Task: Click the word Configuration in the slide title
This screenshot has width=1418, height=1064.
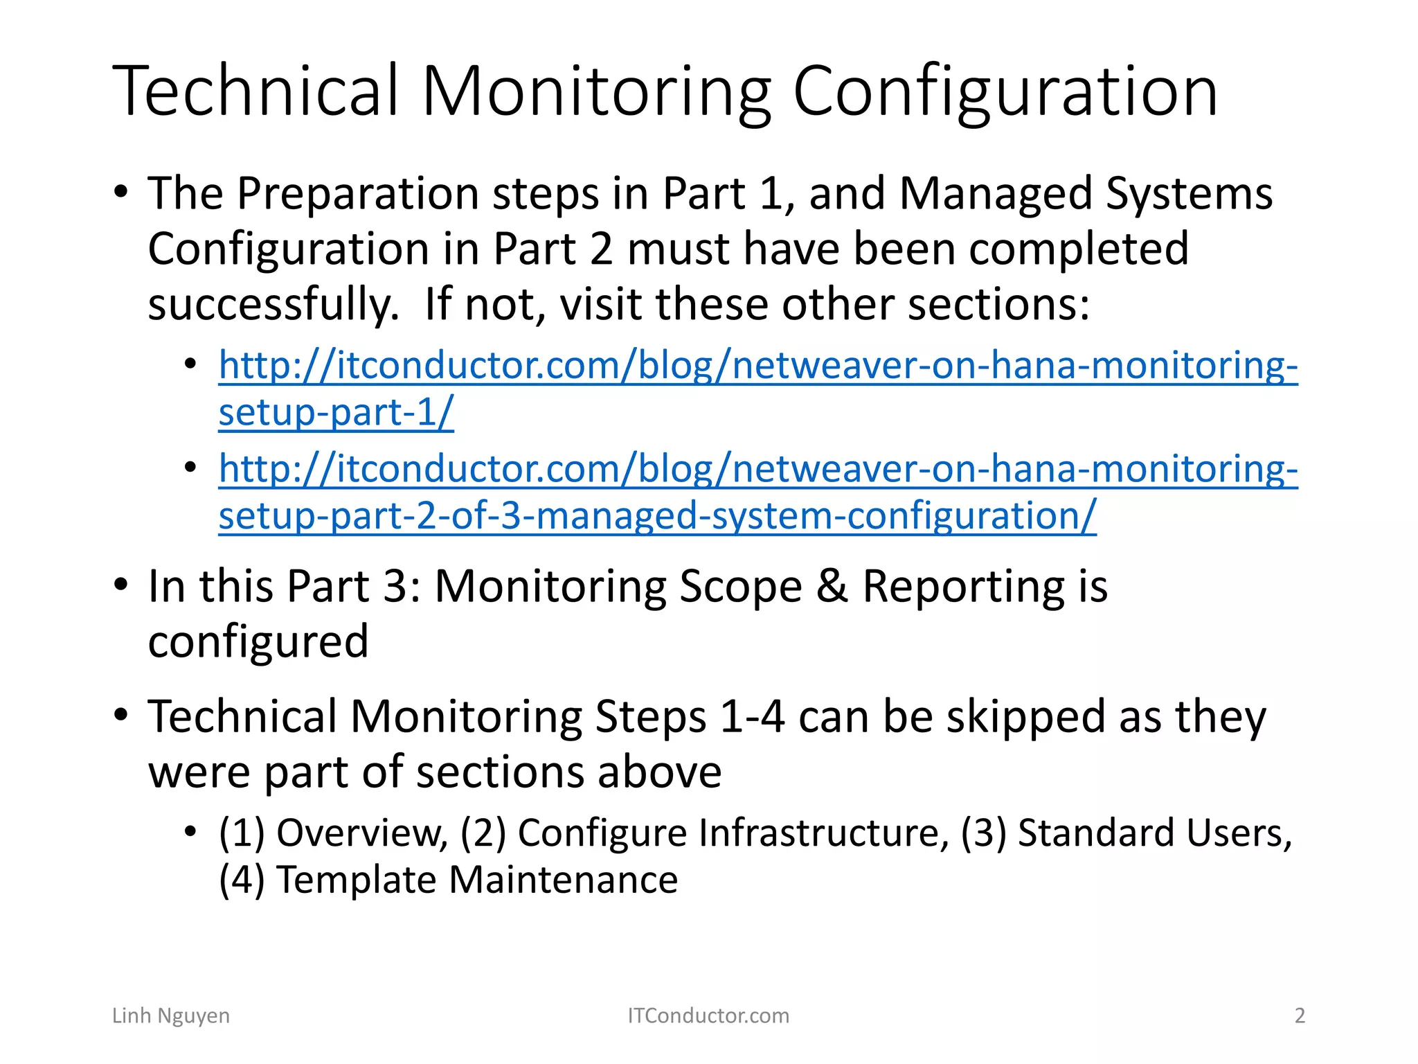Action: click(1005, 91)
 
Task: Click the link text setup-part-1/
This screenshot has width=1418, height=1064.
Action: click(336, 413)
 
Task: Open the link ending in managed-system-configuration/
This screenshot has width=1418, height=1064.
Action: click(657, 516)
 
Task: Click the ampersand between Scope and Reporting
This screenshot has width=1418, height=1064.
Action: click(832, 586)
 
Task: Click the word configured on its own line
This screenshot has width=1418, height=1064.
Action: click(258, 642)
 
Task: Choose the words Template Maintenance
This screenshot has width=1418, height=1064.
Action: click(477, 880)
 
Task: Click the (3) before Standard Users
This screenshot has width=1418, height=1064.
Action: click(983, 833)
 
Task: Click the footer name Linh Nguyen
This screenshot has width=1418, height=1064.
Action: click(171, 1016)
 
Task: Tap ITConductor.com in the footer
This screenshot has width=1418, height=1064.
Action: click(708, 1016)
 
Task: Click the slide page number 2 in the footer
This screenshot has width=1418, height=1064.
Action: click(1300, 1016)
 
